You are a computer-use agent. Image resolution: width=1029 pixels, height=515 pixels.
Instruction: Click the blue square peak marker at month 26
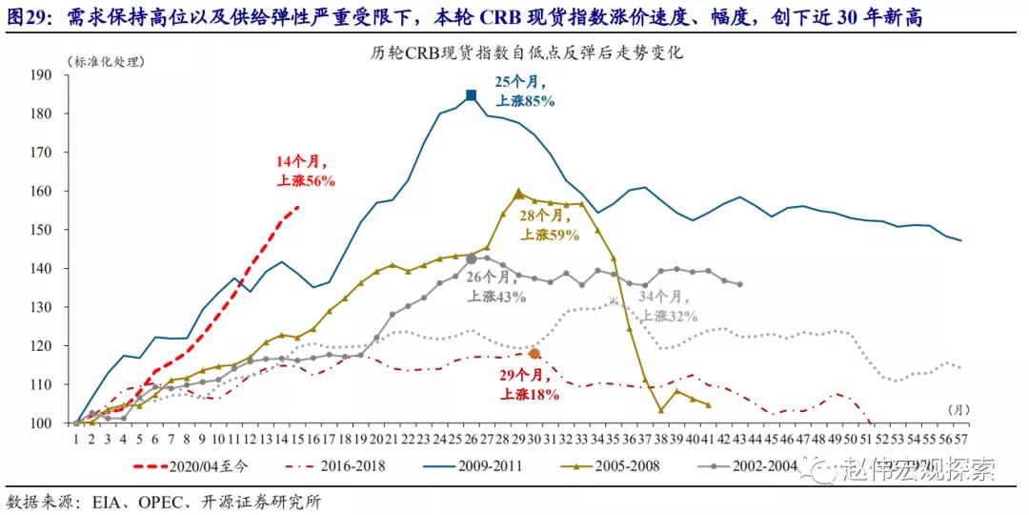pyautogui.click(x=471, y=95)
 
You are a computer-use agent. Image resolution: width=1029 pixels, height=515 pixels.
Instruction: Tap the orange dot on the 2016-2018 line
pyautogui.click(x=535, y=354)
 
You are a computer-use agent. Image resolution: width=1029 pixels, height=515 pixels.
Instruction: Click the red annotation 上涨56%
pyautogui.click(x=306, y=179)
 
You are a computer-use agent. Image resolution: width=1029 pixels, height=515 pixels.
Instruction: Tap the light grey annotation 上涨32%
pyautogui.click(x=669, y=316)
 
